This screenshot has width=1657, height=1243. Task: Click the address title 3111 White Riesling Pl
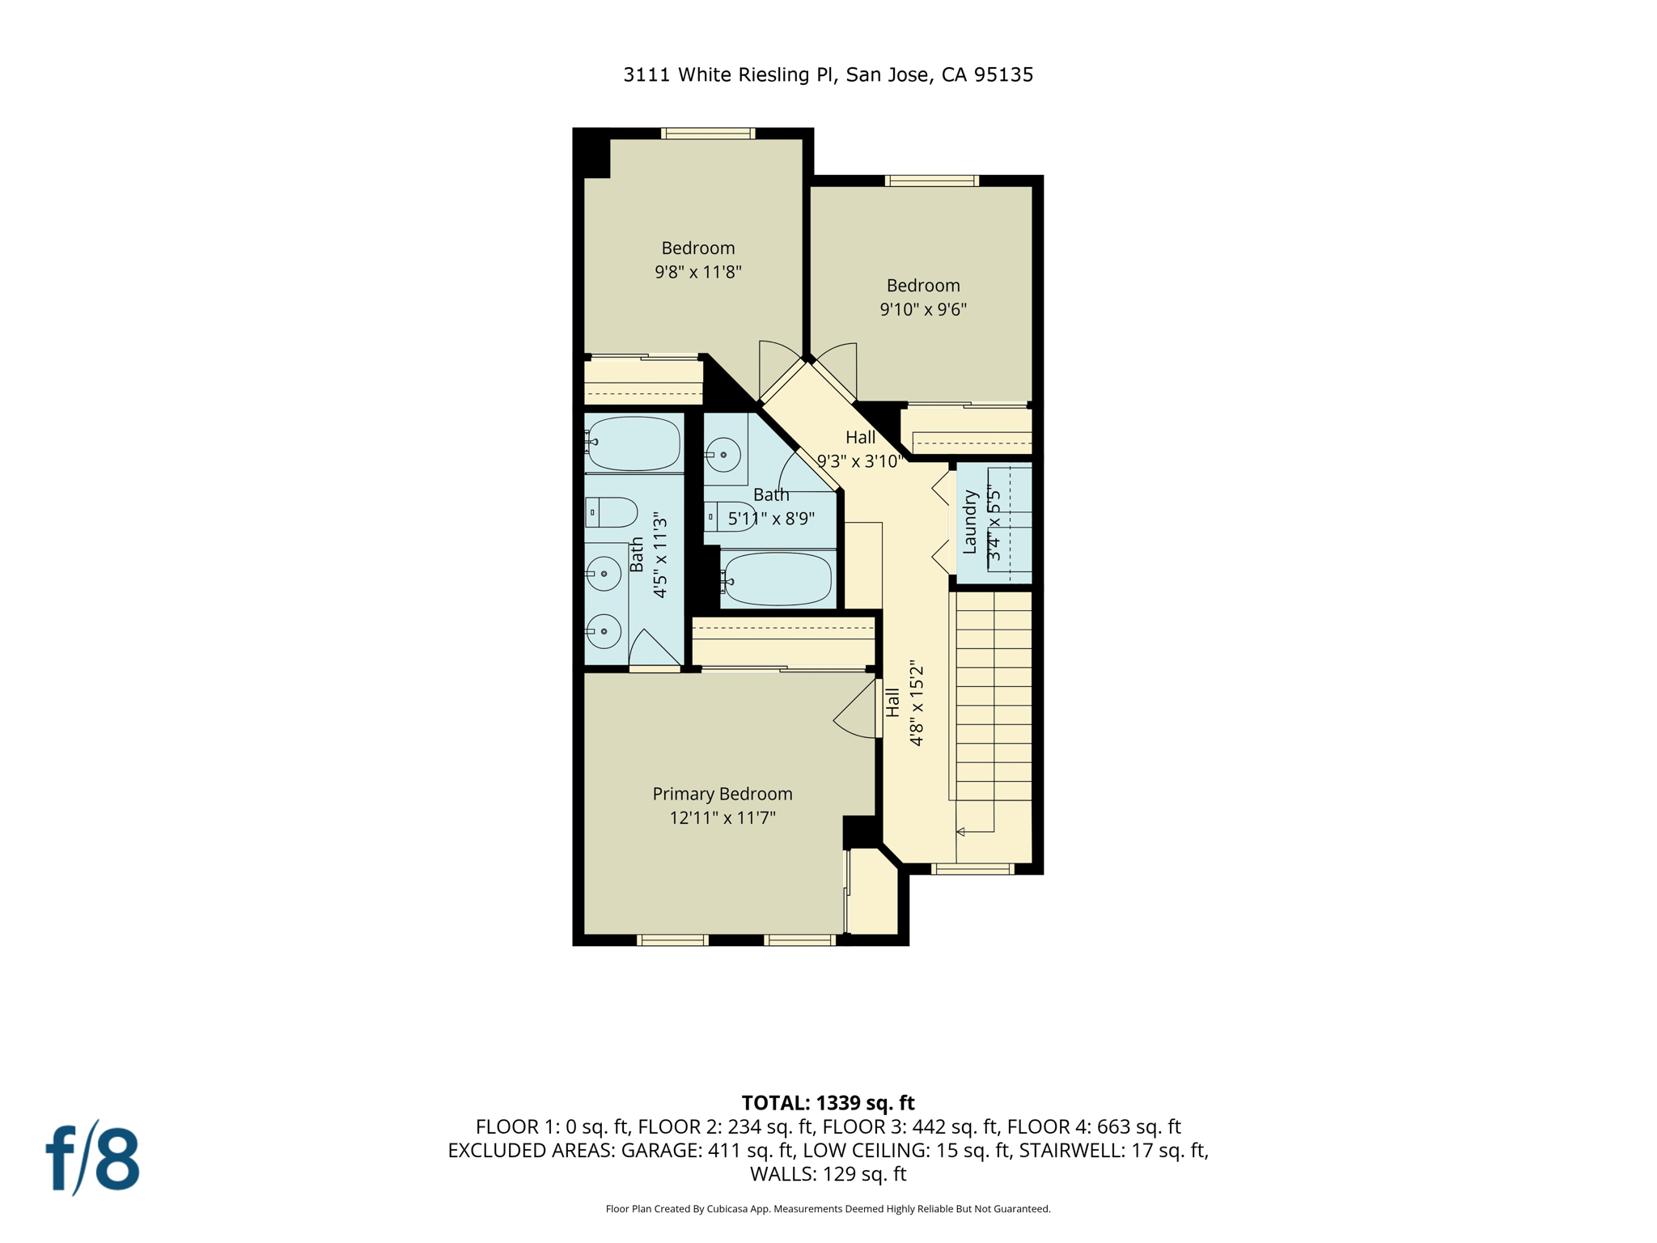828,74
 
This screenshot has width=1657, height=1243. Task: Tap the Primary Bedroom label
723,794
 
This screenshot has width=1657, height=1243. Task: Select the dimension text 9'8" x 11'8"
698,272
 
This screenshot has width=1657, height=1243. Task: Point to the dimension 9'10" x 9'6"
923,309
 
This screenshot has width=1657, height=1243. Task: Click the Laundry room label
970,522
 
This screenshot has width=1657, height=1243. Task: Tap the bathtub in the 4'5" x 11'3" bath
634,443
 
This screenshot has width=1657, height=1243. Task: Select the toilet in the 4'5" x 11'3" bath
612,512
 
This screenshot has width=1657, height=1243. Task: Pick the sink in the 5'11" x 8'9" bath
723,455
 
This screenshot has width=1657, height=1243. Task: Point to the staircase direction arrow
961,832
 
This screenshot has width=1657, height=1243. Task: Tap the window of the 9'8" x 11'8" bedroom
708,134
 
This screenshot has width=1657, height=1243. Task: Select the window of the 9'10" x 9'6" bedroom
932,181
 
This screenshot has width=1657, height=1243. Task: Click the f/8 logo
93,1159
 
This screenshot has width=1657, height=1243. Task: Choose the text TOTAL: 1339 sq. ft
828,1103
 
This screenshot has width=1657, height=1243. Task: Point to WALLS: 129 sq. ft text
828,1173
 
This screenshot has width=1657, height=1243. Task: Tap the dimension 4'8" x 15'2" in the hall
917,702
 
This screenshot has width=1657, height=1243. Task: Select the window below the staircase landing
972,869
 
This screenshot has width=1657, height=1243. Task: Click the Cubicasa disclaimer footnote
828,1209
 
